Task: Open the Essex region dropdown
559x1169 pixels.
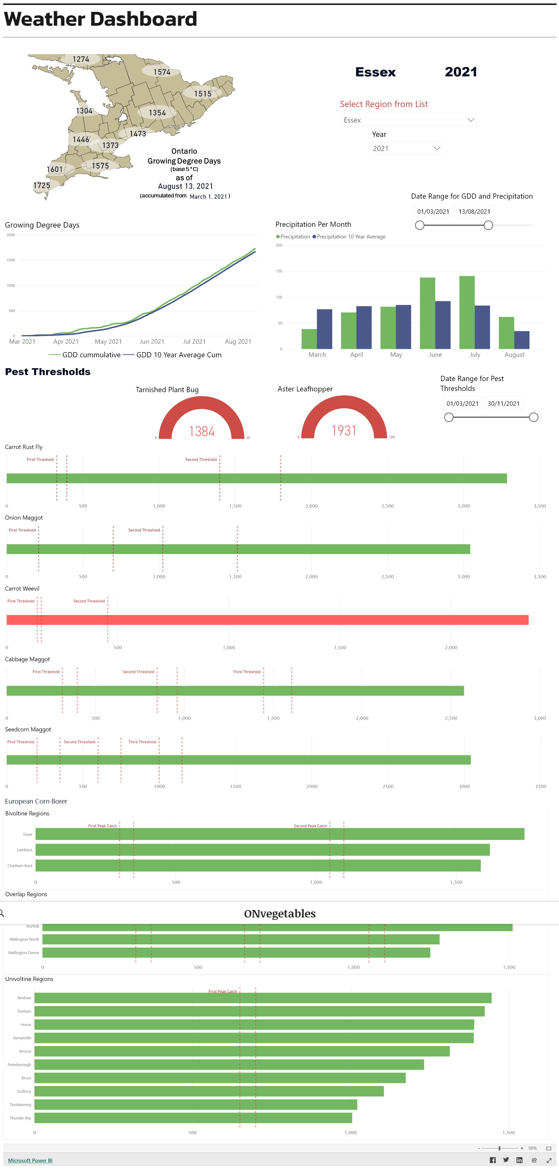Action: pos(408,120)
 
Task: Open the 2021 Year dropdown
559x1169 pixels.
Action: pos(406,149)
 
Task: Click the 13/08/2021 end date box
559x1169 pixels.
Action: pos(474,212)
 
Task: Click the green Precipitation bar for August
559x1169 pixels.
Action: pos(506,333)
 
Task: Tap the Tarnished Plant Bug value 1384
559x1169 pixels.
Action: pos(202,431)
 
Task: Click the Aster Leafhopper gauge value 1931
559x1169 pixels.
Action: pos(344,430)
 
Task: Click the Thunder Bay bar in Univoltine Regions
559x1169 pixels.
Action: pos(193,1118)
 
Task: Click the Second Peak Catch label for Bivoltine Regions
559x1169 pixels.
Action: pos(310,826)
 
